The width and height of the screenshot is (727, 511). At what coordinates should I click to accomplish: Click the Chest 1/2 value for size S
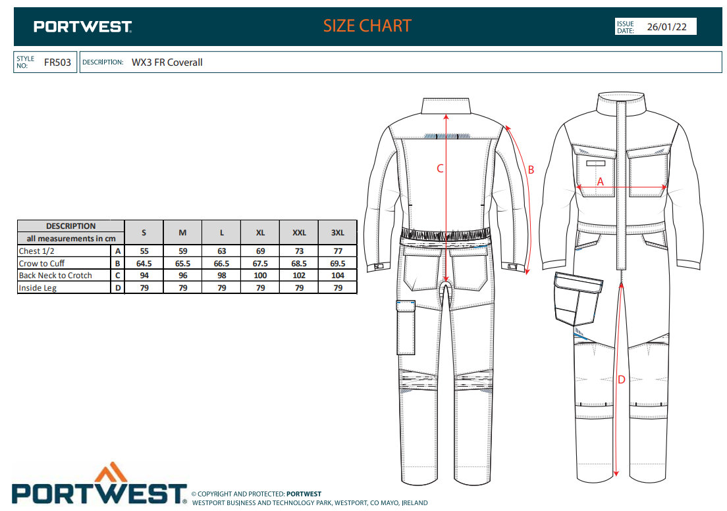pos(144,251)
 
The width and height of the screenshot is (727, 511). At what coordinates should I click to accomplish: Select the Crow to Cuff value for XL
pos(260,263)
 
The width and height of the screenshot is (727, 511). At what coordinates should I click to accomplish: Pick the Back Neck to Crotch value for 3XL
pos(337,276)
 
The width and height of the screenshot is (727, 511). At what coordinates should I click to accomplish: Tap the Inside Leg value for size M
pos(182,288)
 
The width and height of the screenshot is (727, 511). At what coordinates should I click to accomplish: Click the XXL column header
pos(299,232)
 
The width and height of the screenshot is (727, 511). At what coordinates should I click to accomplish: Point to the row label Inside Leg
pos(38,288)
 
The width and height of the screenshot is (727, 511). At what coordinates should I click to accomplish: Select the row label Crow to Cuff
pos(42,263)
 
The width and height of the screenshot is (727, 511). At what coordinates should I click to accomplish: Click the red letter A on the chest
pos(600,182)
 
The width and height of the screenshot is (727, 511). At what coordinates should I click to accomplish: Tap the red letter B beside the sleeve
pos(531,170)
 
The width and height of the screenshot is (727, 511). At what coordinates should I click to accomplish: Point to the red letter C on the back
pos(441,168)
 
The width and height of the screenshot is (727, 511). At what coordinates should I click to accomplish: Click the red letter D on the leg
pos(621,379)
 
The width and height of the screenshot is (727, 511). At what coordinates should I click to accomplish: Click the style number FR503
pos(57,62)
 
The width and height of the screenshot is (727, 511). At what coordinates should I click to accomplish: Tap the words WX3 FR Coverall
pos(167,62)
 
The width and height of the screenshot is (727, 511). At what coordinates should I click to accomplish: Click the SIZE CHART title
pos(367,26)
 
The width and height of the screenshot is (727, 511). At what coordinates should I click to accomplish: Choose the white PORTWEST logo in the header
pos(83,27)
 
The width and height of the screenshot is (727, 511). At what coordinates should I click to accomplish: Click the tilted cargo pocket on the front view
pos(578,299)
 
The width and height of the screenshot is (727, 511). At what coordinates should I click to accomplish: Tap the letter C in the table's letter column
pos(117,276)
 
